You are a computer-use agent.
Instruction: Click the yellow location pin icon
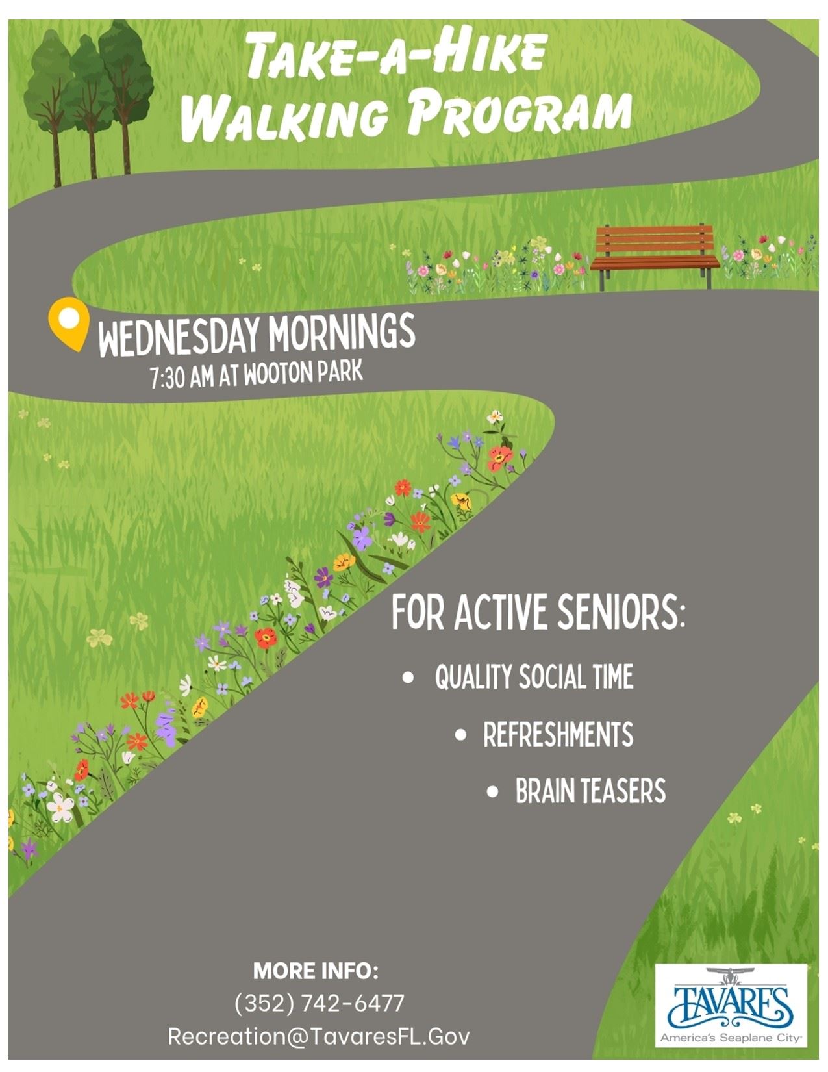point(69,323)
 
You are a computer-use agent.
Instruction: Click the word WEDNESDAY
point(179,337)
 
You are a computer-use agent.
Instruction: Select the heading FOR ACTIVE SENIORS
point(538,612)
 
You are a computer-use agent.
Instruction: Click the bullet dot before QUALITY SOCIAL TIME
point(408,678)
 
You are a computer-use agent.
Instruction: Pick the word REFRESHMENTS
point(558,734)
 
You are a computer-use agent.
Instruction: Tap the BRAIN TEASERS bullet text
point(591,791)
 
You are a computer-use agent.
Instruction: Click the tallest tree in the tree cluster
point(126,96)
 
